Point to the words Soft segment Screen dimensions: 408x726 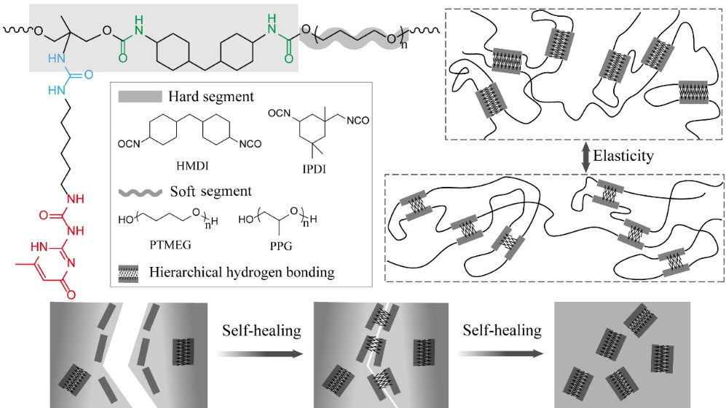185,192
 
